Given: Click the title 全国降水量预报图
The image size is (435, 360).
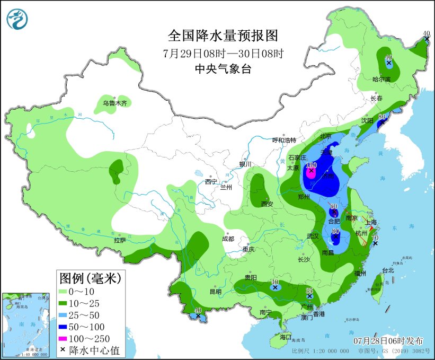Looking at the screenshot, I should [223, 36].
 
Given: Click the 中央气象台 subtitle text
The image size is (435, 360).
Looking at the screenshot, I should [223, 68].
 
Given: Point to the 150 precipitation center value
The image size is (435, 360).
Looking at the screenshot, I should [311, 166].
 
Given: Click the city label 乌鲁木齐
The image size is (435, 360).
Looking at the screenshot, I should [115, 103].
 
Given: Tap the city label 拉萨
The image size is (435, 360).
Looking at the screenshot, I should [119, 240].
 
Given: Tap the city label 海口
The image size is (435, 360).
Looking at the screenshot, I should [286, 337].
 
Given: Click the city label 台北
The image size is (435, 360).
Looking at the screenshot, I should [388, 270].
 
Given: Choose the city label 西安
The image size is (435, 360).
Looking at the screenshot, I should [267, 204].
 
